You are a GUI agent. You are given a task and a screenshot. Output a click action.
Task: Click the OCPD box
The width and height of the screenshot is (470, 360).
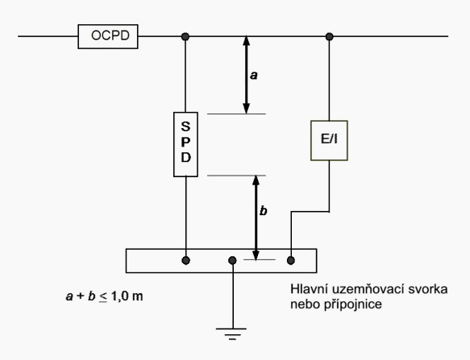pos(108,36)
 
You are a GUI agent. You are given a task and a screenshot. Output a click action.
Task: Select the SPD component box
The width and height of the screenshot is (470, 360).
pos(185,144)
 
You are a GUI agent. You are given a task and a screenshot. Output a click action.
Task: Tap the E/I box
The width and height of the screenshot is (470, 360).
pos(329,140)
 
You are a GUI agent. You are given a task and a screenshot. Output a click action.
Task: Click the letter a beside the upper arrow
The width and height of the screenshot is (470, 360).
pos(254,75)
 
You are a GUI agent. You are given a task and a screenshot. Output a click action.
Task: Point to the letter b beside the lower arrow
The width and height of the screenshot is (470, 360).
pos(263,210)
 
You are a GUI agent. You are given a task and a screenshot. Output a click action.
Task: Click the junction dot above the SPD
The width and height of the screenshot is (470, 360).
pos(185,36)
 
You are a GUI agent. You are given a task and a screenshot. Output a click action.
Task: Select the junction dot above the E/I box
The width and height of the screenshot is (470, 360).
pos(330,36)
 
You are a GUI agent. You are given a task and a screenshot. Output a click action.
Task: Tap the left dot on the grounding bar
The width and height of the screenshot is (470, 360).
pos(186,260)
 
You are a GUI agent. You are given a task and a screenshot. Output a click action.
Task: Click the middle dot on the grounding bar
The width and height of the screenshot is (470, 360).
pos(232,260)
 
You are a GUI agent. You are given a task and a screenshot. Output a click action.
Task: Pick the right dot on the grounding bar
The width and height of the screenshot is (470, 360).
pos(291,260)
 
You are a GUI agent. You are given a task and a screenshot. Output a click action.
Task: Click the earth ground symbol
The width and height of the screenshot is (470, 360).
pos(231,333)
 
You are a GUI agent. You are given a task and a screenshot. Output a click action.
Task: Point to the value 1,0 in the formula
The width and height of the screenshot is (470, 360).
pos(120,296)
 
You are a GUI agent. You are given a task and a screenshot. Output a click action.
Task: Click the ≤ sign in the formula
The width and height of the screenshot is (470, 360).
pos(103,297)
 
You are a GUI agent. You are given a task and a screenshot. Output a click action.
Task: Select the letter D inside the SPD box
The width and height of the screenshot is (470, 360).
pos(186,157)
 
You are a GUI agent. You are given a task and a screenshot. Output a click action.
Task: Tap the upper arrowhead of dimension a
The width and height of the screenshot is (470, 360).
pos(247,41)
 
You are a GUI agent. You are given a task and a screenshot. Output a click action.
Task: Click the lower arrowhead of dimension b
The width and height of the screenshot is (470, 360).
pos(256,254)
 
